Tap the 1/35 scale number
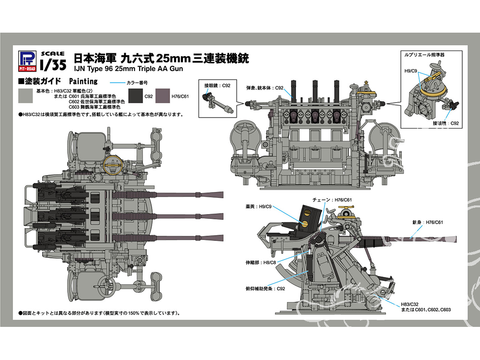click(50, 63)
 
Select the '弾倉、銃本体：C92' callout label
click(268, 88)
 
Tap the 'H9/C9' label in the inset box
click(410, 72)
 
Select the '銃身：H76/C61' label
click(426, 222)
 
